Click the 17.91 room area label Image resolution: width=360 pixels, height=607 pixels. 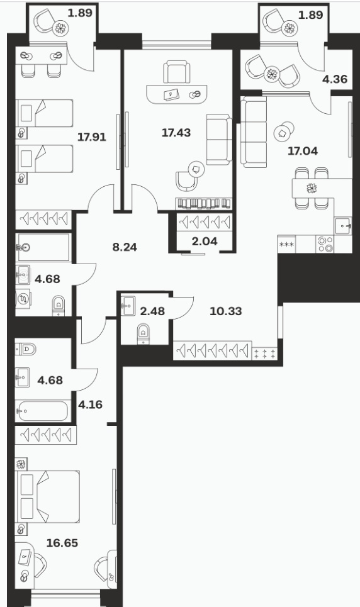point(92,137)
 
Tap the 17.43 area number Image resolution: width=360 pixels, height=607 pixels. point(176,133)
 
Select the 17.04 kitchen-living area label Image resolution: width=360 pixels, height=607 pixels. point(303,151)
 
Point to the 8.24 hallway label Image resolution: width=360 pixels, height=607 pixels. point(125,247)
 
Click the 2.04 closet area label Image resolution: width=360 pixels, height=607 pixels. point(205,242)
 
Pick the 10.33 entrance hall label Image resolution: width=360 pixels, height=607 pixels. point(225,311)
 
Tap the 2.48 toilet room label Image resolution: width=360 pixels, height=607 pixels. point(152,311)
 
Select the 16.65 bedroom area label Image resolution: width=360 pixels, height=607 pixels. point(62,543)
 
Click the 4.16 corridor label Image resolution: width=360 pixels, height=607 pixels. point(90,404)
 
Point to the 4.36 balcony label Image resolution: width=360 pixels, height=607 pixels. point(335,79)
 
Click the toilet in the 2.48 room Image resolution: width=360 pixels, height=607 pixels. point(143,334)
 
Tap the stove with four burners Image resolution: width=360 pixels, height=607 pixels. point(325,244)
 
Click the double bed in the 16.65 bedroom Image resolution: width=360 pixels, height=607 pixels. point(47,497)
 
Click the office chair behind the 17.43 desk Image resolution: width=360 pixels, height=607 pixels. point(177,72)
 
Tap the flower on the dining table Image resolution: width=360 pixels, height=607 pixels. point(312,189)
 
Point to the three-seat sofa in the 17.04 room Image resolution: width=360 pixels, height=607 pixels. point(254,132)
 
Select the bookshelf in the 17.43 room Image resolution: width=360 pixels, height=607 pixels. point(204,204)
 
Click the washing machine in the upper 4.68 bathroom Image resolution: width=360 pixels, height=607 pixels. point(23,299)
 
